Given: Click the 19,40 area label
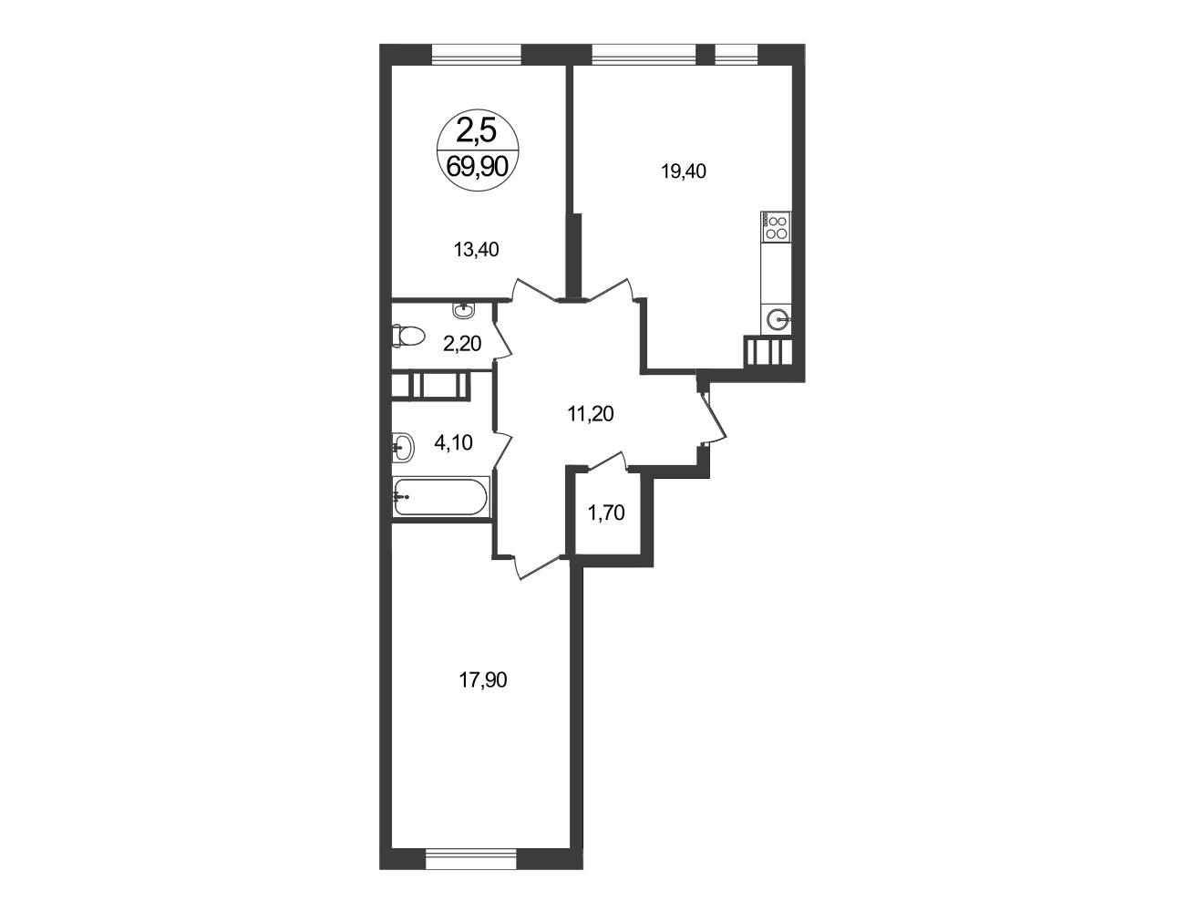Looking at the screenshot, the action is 684,171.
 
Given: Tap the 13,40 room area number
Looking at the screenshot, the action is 476,250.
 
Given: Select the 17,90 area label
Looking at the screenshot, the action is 483,679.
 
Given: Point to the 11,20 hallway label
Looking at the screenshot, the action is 591,414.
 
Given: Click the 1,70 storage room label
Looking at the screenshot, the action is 606,513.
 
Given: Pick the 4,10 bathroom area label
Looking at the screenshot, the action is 453,442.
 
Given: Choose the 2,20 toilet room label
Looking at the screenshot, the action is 462,344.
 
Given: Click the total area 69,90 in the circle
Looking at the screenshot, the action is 477,166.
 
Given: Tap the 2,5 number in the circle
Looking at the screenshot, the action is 477,131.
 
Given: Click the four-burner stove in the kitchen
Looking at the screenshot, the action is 776,226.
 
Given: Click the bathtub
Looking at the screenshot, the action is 440,496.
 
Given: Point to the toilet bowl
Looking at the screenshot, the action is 407,336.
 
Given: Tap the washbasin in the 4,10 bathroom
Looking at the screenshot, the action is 403,448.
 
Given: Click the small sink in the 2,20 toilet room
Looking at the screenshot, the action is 464,309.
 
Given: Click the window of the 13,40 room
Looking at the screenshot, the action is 477,55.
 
